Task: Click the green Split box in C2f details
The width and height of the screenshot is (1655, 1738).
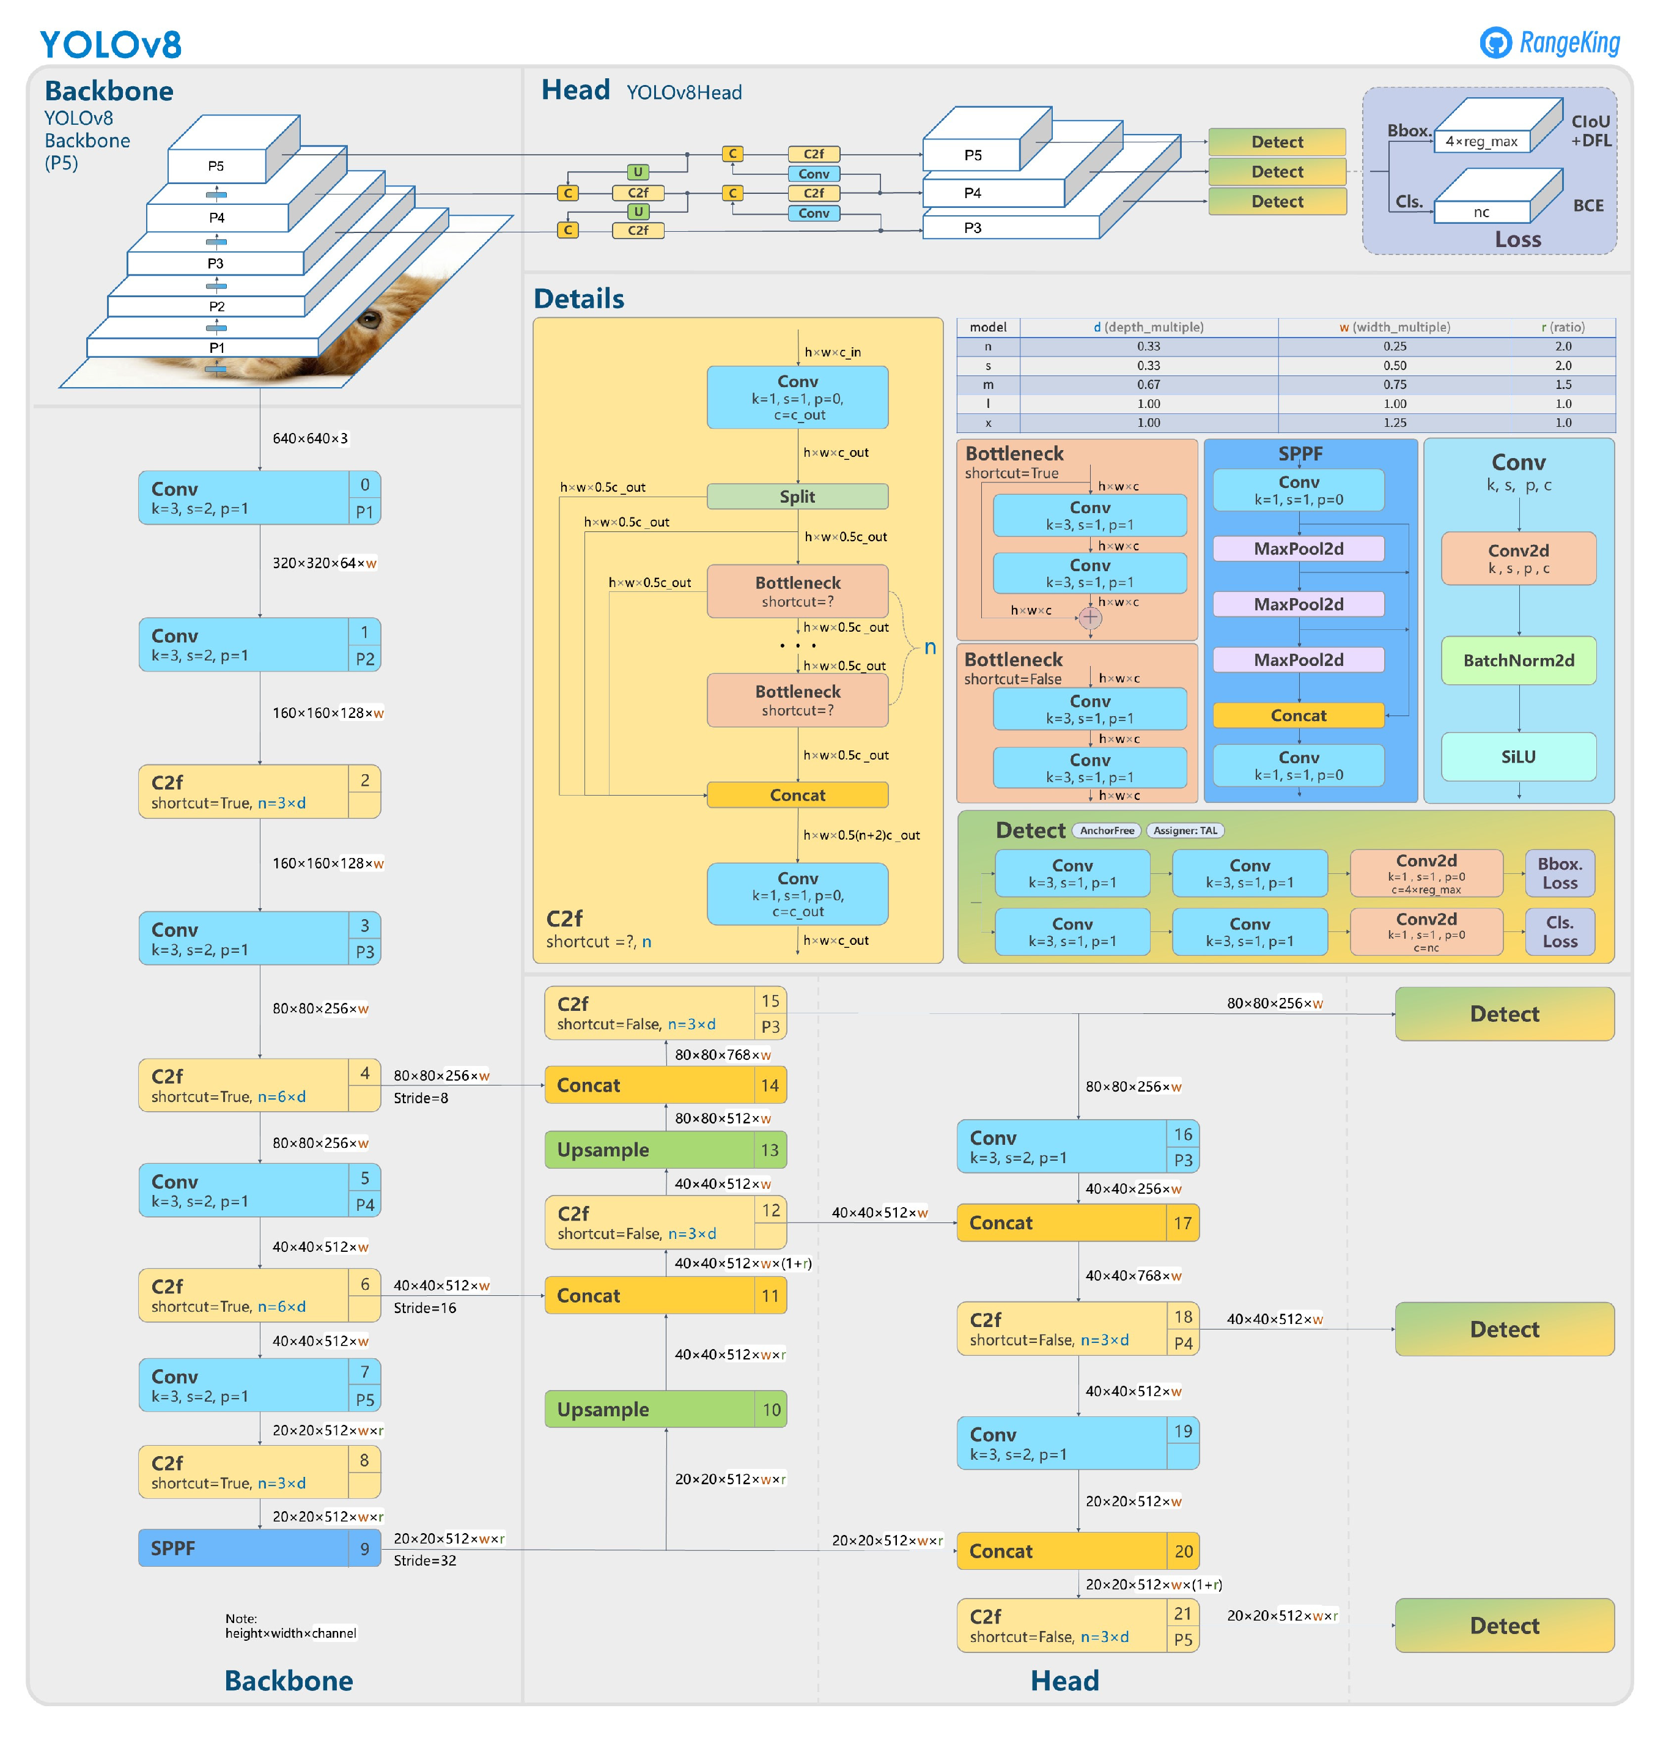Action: click(x=797, y=497)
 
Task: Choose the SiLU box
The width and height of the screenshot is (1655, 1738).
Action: click(x=1517, y=757)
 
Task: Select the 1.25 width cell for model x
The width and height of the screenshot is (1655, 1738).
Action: click(x=1394, y=423)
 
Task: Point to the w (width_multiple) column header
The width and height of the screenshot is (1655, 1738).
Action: click(x=1394, y=327)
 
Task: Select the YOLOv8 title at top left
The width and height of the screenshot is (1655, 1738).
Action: click(x=110, y=44)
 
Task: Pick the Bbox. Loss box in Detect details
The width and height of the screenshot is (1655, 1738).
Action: click(x=1559, y=873)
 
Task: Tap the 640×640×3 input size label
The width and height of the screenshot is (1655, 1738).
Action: click(x=309, y=438)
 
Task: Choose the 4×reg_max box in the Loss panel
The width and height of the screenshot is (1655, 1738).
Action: click(x=1481, y=141)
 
